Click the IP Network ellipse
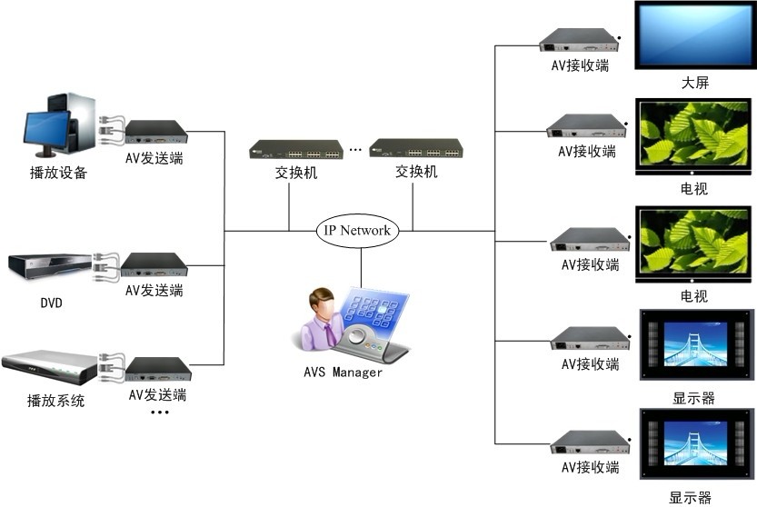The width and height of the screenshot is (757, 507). [357, 231]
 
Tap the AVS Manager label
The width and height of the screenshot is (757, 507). [344, 373]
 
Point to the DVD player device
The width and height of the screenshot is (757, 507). [50, 266]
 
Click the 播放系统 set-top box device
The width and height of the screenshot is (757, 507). [49, 365]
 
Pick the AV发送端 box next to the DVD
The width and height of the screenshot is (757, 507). [154, 264]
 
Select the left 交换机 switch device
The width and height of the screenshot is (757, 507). [296, 149]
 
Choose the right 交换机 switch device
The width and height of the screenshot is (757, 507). [416, 149]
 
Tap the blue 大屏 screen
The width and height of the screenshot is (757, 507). [695, 35]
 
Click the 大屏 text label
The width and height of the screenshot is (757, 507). [695, 83]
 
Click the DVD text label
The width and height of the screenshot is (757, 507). [51, 303]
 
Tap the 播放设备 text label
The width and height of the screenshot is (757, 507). [58, 173]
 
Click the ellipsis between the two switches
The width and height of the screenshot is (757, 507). [355, 149]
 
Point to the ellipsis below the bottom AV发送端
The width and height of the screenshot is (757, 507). [159, 413]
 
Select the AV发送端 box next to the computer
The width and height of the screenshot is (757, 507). [156, 132]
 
